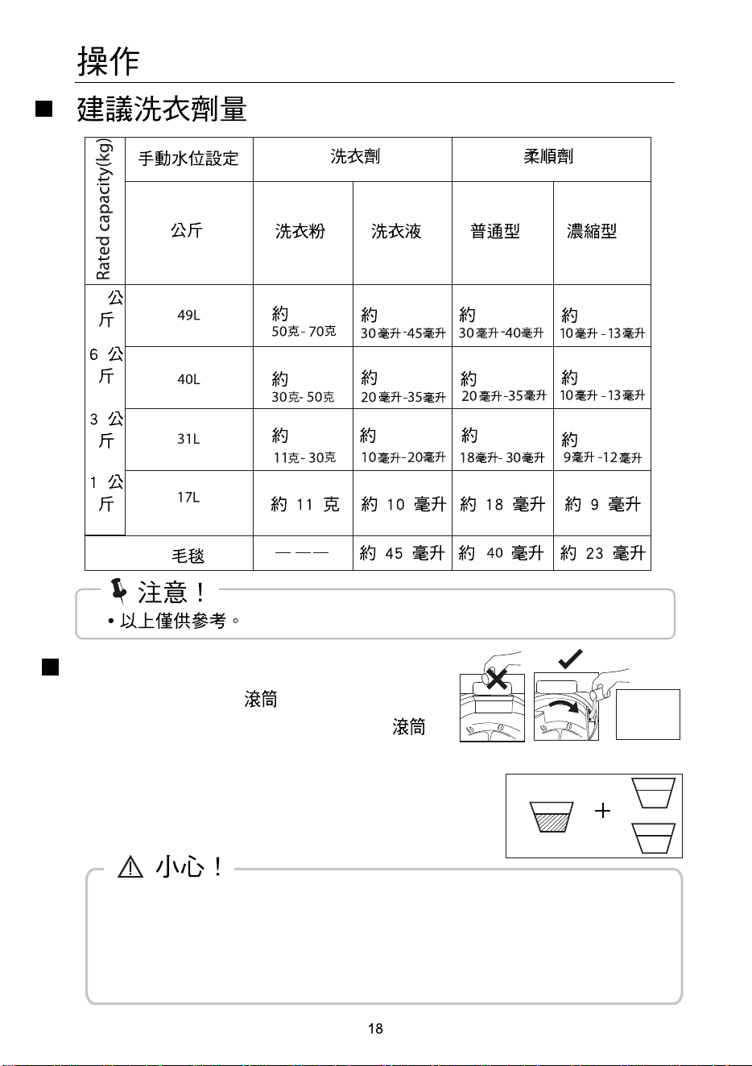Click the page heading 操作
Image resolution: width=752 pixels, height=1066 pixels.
(108, 61)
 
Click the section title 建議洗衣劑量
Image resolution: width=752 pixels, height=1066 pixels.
(162, 109)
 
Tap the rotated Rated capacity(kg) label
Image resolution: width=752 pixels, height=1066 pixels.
(103, 209)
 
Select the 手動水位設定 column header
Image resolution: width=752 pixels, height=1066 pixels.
(188, 159)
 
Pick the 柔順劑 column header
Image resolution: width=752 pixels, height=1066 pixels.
(548, 156)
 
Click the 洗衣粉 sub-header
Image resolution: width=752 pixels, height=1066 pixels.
(300, 231)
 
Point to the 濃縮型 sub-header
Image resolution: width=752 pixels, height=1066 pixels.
(592, 231)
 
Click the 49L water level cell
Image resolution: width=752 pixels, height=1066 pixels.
(188, 315)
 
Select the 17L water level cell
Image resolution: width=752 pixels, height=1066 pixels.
(188, 498)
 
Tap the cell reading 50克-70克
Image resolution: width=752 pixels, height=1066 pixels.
(304, 331)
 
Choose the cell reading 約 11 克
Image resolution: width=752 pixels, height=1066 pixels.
(304, 504)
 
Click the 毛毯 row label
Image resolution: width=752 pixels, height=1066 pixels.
(188, 556)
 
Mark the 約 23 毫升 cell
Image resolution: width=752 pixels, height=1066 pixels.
(602, 553)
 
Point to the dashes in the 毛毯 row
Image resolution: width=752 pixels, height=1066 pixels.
(302, 553)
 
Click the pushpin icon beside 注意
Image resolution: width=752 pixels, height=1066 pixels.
(118, 591)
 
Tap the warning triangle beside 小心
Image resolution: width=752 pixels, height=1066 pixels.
(130, 867)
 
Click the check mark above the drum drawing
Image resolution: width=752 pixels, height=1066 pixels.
(570, 659)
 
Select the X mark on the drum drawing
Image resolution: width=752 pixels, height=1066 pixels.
(497, 679)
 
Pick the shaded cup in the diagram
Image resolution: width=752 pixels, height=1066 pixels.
(552, 817)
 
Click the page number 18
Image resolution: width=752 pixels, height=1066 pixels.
(375, 1029)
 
